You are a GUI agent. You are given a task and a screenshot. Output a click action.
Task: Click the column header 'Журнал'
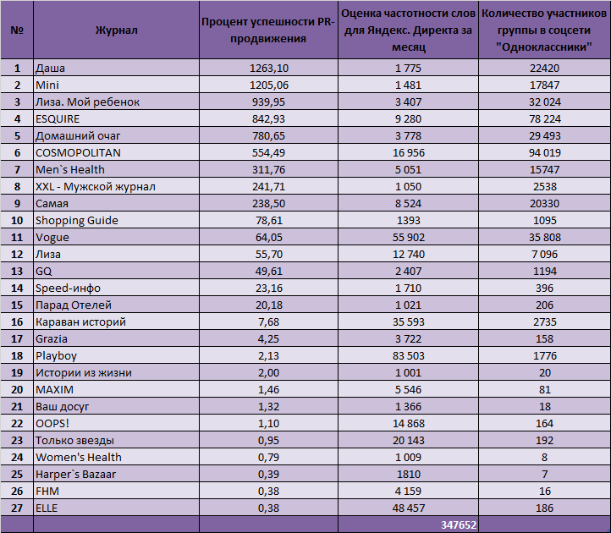116,30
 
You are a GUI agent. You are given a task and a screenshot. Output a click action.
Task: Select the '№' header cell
17,30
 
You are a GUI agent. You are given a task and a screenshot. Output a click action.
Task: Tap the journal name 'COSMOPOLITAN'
78,153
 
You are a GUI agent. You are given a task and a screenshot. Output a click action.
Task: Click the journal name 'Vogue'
52,237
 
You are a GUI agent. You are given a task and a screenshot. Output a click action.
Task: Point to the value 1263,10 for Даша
269,69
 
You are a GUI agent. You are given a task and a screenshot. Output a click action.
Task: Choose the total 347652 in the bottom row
459,525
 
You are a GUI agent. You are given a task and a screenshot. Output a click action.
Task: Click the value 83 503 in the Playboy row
409,355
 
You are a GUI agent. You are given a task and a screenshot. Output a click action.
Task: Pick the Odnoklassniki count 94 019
545,153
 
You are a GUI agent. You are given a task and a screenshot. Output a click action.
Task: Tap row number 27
17,508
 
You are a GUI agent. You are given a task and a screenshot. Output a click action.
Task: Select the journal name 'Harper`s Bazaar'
75,474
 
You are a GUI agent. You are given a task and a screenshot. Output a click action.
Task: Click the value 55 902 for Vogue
409,237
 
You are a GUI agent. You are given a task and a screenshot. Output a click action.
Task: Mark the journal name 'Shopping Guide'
77,221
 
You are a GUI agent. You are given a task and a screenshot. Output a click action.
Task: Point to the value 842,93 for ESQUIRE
268,118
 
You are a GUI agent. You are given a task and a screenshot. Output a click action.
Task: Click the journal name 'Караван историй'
80,321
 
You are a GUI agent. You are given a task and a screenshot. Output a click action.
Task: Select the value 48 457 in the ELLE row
409,508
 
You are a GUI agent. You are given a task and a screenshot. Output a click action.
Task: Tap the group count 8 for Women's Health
544,458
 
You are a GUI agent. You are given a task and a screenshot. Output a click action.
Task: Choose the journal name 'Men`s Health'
70,169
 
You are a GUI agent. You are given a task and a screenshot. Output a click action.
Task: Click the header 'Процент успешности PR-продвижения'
268,30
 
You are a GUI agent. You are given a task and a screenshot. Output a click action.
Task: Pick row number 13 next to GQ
17,272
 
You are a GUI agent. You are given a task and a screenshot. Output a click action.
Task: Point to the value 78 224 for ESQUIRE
545,118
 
